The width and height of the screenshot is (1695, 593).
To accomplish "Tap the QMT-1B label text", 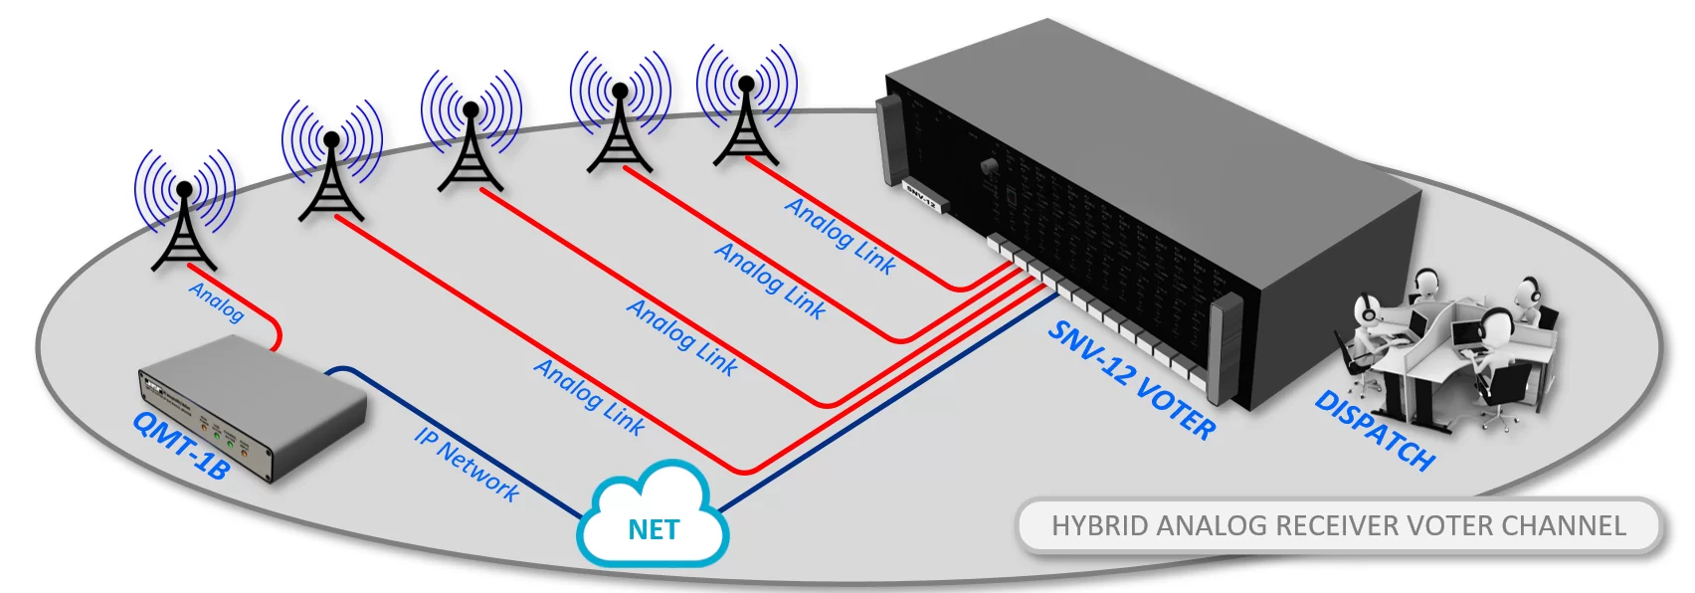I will point(180,447).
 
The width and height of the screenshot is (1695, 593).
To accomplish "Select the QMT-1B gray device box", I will point(253,408).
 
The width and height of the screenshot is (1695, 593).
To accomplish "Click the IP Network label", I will point(467,464).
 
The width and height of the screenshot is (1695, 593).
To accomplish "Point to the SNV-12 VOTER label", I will point(1131,379).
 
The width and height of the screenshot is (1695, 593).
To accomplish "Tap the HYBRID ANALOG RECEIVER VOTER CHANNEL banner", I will point(1339,525).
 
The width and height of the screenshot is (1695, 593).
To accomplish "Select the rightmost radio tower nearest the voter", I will point(746,114).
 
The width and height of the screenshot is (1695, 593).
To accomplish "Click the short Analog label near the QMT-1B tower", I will point(217,301).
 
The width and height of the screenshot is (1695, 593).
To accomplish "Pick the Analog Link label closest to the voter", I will point(841,236).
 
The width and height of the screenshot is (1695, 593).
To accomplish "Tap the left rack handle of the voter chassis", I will point(887,139).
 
